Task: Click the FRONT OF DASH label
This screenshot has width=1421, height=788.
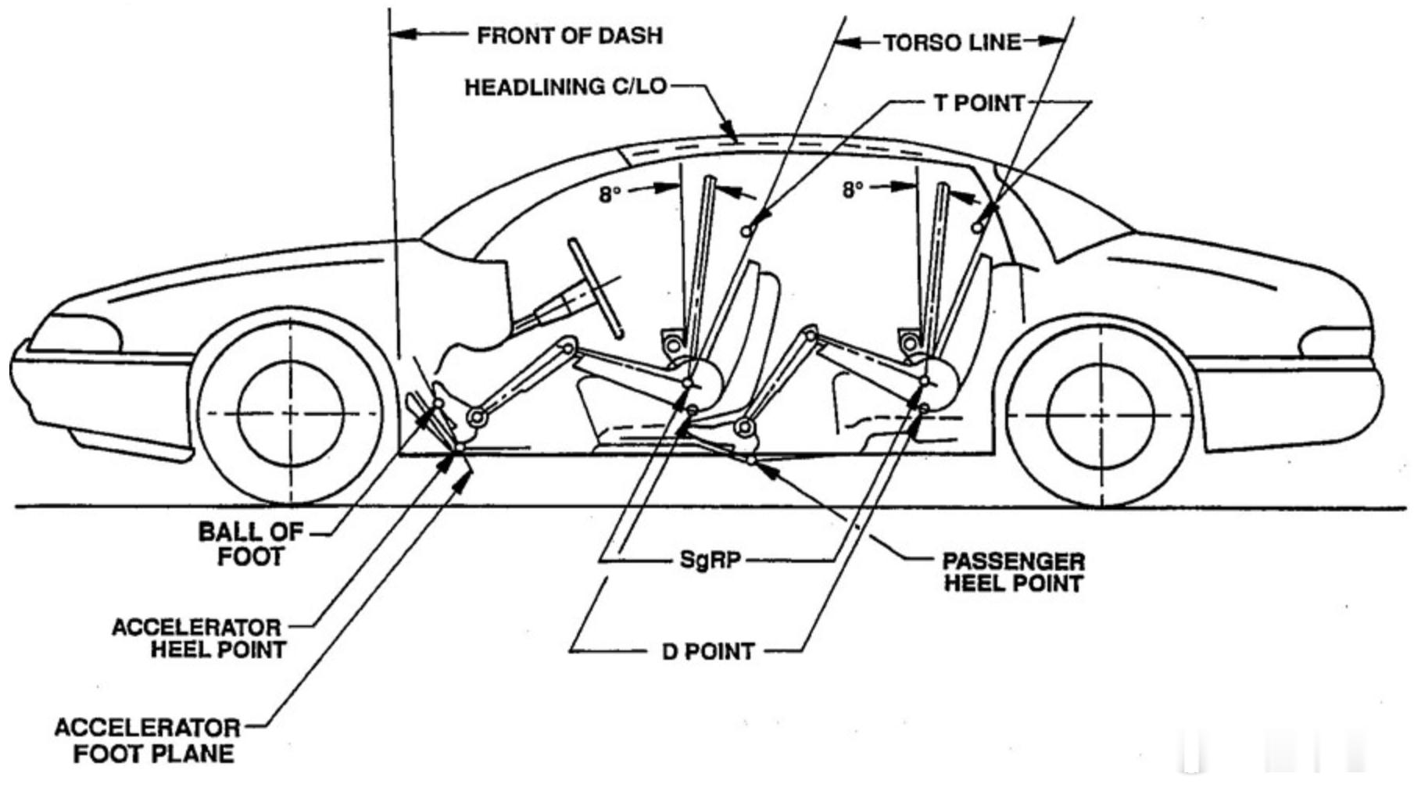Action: click(x=570, y=36)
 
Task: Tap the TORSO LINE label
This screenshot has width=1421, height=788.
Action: click(x=952, y=42)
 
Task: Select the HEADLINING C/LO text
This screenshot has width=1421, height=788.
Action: click(x=566, y=86)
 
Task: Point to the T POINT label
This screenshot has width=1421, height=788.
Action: click(x=979, y=103)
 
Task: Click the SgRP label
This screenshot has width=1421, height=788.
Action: click(x=709, y=560)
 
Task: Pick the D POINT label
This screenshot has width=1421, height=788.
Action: click(x=708, y=651)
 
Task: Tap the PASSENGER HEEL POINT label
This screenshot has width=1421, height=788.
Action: click(x=1013, y=572)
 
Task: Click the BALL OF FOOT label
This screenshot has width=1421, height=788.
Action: click(x=250, y=544)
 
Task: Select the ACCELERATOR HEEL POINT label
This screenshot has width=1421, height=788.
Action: click(x=199, y=639)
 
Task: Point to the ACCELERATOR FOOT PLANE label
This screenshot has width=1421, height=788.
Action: click(x=147, y=740)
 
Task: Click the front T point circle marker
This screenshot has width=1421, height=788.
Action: click(x=747, y=230)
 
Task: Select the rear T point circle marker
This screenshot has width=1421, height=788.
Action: click(x=977, y=227)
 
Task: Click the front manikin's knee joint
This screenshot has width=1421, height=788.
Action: click(x=568, y=346)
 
